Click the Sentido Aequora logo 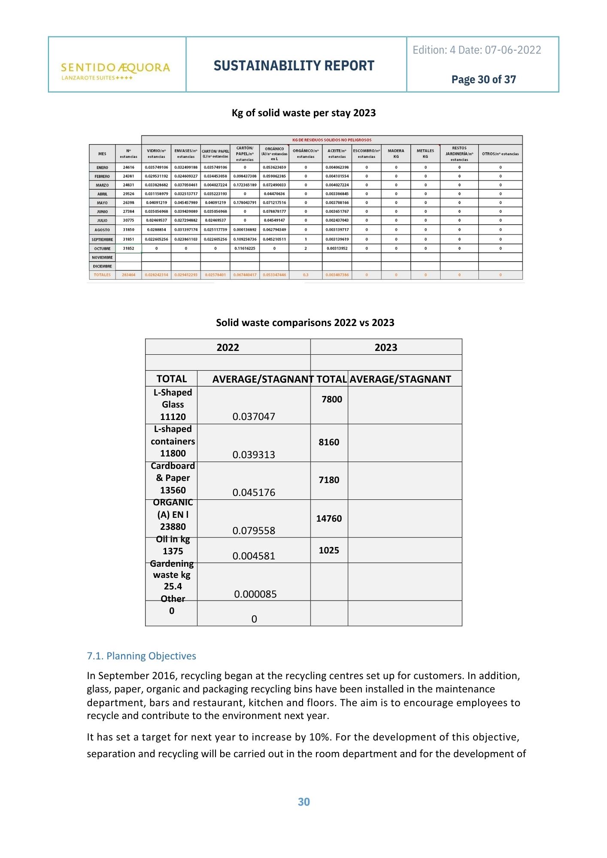click(x=115, y=70)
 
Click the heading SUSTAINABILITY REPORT click(x=294, y=66)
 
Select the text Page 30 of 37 click(x=483, y=80)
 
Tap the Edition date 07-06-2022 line click(x=476, y=50)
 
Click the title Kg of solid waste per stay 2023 click(x=303, y=113)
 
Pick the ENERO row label click(x=102, y=167)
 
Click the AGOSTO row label click(x=102, y=230)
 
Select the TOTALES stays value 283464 click(x=128, y=275)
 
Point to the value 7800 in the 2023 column click(x=332, y=399)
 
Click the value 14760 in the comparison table click(x=329, y=519)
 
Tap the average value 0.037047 click(x=254, y=417)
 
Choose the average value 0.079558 click(x=254, y=531)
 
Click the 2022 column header click(x=228, y=347)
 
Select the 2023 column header click(x=385, y=347)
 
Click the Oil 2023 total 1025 click(x=329, y=550)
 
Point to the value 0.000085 click(x=255, y=594)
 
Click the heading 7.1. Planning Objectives click(x=141, y=656)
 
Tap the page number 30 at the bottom click(x=303, y=802)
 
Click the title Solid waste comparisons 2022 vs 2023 click(x=305, y=323)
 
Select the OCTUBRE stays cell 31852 click(x=128, y=249)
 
